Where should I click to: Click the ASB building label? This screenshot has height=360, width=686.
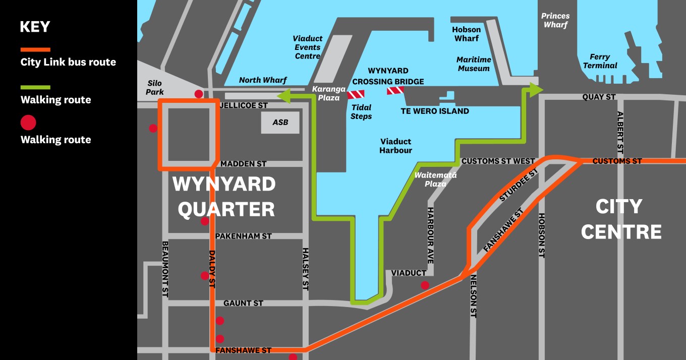click(280, 123)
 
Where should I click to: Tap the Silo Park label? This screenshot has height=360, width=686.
click(155, 88)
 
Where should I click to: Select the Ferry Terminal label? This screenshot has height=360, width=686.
click(600, 62)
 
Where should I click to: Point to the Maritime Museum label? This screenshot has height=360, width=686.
click(474, 64)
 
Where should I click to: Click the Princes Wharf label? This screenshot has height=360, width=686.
click(555, 21)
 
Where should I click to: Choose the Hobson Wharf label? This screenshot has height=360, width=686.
click(467, 34)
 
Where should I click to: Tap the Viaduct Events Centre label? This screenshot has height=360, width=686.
click(308, 47)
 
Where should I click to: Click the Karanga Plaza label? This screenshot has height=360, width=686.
click(329, 93)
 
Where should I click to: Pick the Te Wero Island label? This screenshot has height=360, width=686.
click(435, 111)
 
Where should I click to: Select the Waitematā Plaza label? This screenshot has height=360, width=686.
click(435, 179)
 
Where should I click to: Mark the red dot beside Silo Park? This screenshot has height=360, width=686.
click(199, 94)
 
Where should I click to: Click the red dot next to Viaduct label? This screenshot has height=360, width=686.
click(425, 285)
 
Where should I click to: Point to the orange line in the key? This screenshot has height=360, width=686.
click(35, 49)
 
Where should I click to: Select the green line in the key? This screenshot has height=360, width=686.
click(35, 87)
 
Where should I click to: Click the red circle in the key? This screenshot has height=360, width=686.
click(28, 123)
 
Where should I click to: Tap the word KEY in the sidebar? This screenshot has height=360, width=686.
click(35, 27)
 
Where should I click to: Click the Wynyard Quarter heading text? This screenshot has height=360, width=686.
click(225, 197)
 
